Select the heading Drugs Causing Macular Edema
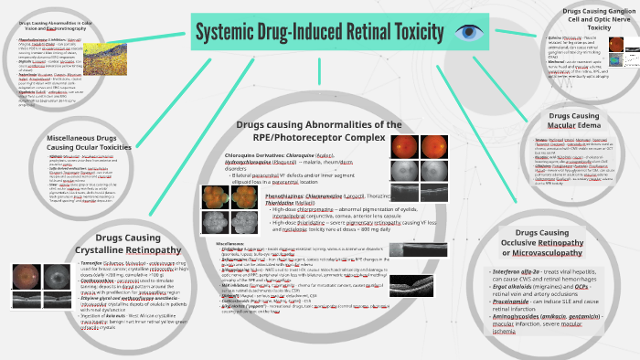tap(585, 122)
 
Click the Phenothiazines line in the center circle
tap(315, 196)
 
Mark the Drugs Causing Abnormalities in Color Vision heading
tap(48, 25)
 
